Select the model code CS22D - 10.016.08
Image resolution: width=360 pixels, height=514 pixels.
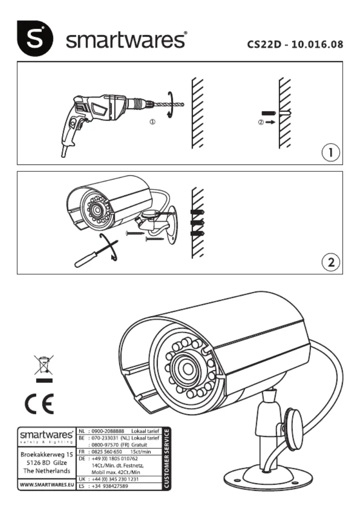295,44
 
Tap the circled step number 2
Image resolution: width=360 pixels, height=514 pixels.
331,262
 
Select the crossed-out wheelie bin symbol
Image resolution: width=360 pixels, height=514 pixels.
44,366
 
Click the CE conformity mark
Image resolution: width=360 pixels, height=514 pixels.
39,402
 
